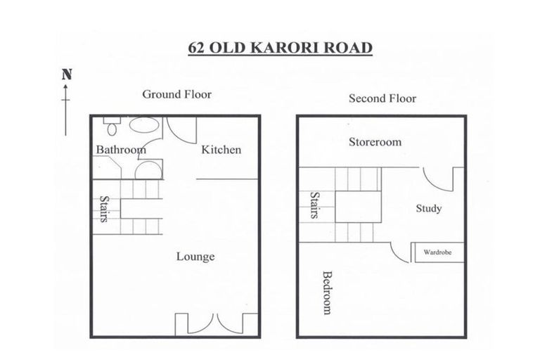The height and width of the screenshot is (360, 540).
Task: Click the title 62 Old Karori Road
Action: pyautogui.click(x=279, y=49)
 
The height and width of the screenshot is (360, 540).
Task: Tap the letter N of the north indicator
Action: pyautogui.click(x=67, y=73)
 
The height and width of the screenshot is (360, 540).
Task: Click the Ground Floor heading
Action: pyautogui.click(x=176, y=94)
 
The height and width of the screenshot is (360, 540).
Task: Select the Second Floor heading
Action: pyautogui.click(x=382, y=98)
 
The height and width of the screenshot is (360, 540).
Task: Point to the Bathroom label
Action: pyautogui.click(x=121, y=149)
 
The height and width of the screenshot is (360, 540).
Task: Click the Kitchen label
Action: pyautogui.click(x=221, y=149)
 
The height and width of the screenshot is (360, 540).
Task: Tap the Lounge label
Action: pyautogui.click(x=195, y=257)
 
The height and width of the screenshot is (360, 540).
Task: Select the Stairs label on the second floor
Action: pyautogui.click(x=314, y=205)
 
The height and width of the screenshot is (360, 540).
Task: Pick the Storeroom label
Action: pyautogui.click(x=375, y=142)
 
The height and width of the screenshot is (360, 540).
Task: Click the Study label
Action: pyautogui.click(x=428, y=208)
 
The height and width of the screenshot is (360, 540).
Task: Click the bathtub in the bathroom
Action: pyautogui.click(x=144, y=126)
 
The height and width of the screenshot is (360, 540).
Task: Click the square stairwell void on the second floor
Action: pyautogui.click(x=357, y=206)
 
